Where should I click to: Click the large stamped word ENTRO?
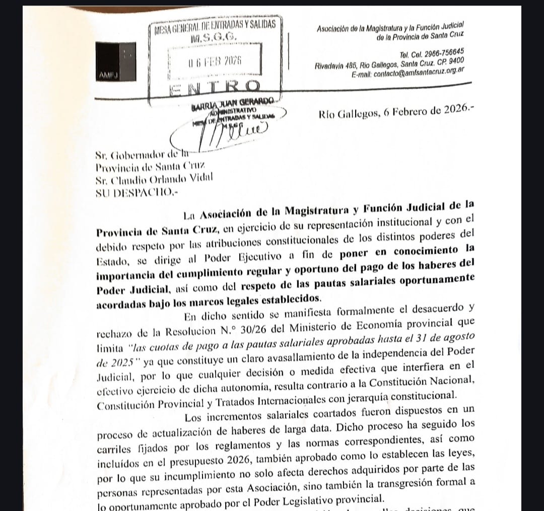point(216,87)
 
